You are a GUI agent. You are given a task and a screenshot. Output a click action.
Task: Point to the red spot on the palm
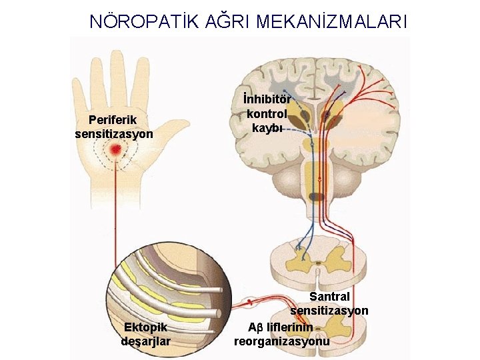[x=116, y=151]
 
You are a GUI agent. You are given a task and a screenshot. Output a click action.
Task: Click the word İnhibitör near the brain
[x=267, y=100]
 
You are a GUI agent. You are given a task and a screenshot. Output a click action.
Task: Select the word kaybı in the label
[x=267, y=127]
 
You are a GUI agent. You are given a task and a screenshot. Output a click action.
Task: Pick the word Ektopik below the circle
[x=146, y=327]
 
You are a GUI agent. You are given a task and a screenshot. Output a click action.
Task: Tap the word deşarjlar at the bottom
[x=146, y=341]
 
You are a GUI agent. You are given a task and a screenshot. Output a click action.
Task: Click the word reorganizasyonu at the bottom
[x=282, y=341]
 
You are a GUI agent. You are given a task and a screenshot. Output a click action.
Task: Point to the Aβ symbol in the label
[x=256, y=327]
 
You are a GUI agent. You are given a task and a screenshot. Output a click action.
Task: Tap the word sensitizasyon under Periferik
[x=114, y=133]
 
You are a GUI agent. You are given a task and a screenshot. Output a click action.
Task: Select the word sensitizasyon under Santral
[x=329, y=311]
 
